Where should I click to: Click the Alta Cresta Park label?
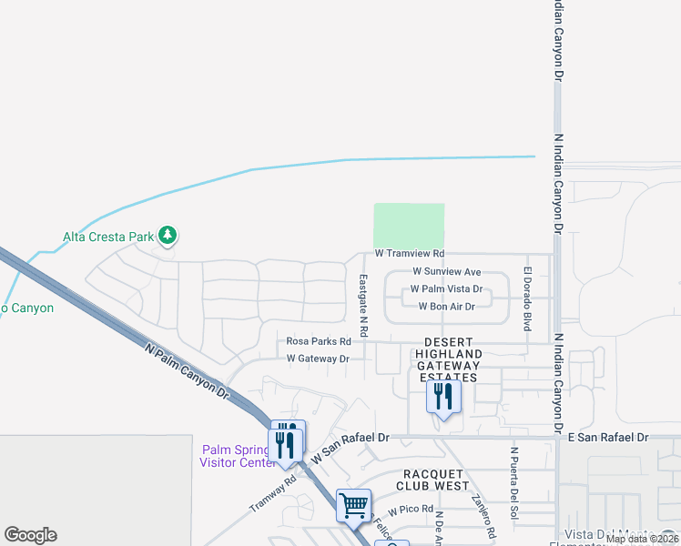[107, 237]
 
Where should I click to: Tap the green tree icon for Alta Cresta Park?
[167, 236]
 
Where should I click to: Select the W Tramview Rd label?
[409, 254]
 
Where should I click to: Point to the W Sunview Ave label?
[446, 271]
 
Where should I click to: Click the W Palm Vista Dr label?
[445, 288]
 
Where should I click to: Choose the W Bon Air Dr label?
[446, 307]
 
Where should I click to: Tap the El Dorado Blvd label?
[526, 298]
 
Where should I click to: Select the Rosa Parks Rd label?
[319, 341]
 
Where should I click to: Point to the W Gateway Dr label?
[318, 359]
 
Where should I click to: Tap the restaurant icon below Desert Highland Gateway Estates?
[443, 397]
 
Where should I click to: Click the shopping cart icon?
[353, 504]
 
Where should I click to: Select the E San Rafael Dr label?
[607, 437]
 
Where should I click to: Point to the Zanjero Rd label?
[483, 514]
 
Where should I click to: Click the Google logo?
[30, 535]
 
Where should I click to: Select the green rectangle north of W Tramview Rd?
[409, 225]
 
